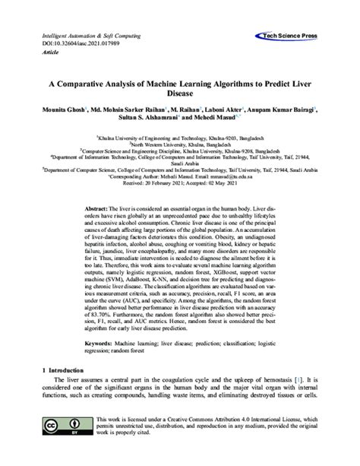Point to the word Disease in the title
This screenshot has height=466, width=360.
pyautogui.click(x=179, y=98)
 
